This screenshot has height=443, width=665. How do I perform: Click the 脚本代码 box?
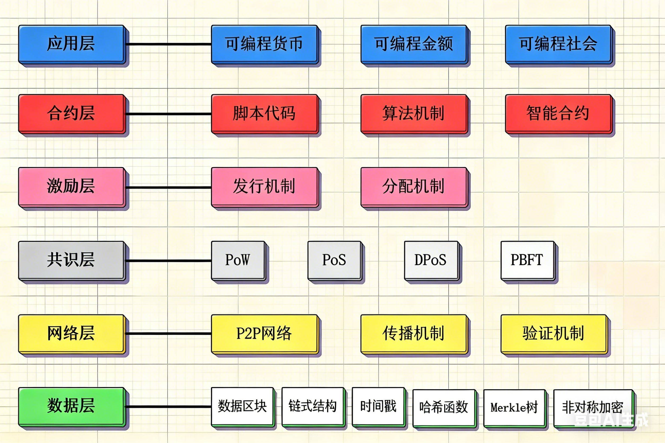coord(264,113)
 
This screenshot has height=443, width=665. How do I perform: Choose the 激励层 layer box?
coord(71,186)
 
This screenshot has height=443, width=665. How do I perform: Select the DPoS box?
coord(430,260)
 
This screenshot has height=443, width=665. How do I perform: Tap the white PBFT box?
coord(527,260)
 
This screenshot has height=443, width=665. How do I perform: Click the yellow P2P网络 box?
coord(264,333)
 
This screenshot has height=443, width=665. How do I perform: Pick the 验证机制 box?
coord(553,333)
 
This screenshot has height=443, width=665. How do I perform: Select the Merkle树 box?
coord(514,407)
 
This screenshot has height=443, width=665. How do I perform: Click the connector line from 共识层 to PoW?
coord(168,260)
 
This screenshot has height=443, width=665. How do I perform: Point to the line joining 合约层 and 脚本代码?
coord(168,114)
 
